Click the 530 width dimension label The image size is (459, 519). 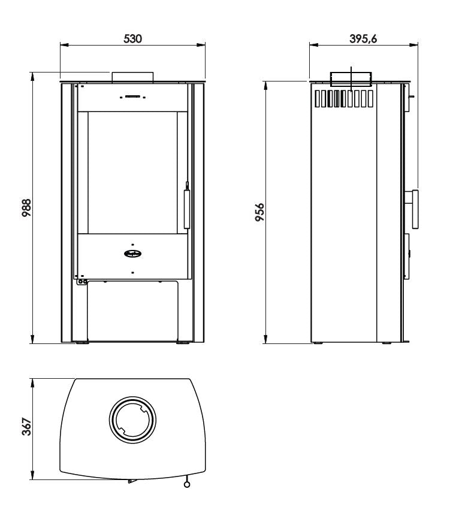click(x=132, y=38)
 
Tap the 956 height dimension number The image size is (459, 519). click(x=259, y=212)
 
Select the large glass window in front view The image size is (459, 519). click(x=132, y=173)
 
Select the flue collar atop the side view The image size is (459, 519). click(x=351, y=79)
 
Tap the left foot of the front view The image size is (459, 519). click(x=80, y=343)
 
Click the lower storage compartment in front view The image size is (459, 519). click(x=132, y=310)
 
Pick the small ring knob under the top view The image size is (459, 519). click(x=188, y=484)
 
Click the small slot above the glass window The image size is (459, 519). click(x=132, y=96)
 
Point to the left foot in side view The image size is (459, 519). click(x=318, y=343)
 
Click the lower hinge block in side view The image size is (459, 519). click(x=407, y=257)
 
